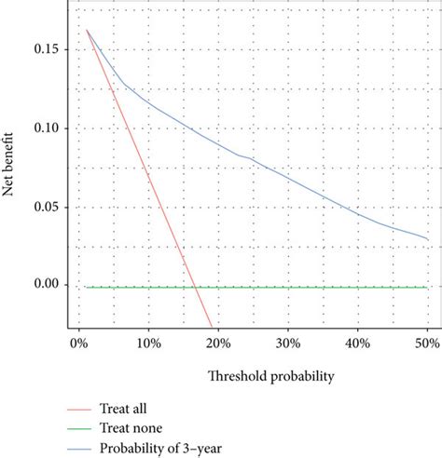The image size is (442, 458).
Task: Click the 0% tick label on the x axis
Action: (78, 343)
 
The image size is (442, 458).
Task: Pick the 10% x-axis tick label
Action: (148, 343)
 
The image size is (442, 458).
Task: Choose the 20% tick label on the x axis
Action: (218, 343)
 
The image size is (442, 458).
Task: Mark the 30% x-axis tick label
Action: (288, 343)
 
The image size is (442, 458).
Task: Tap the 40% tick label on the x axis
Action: (358, 343)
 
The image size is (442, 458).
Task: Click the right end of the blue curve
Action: (428, 239)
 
